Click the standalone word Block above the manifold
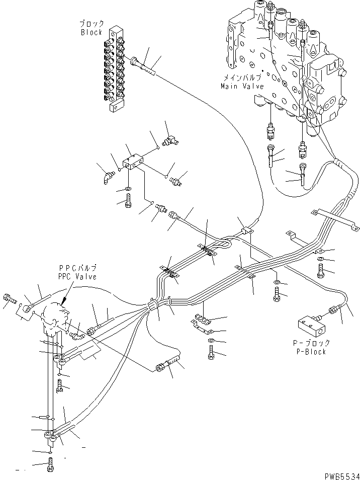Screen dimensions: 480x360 pos(92,32)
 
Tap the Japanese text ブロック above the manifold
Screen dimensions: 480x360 pos(92,24)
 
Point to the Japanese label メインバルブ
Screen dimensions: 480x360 pos(243,78)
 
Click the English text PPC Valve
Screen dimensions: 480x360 pos(77,276)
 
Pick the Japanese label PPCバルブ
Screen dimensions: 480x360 pos(78,268)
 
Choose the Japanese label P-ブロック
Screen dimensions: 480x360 pos(312,343)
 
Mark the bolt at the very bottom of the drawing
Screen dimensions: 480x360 pos(50,468)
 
